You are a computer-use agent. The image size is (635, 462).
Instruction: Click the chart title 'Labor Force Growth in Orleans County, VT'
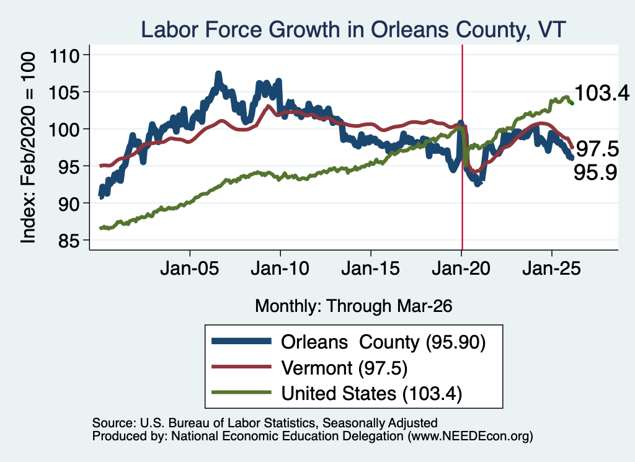(353, 30)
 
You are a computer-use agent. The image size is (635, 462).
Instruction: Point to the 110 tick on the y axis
(64, 55)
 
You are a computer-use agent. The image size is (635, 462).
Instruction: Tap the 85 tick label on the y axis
(69, 241)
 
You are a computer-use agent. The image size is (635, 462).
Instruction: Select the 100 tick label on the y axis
(64, 130)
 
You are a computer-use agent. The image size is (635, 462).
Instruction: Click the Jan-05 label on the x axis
(190, 269)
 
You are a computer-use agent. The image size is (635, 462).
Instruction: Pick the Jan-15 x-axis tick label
(371, 269)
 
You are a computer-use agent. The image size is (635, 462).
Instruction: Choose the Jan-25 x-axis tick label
(551, 269)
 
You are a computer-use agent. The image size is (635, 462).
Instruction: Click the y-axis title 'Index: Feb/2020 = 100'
(28, 148)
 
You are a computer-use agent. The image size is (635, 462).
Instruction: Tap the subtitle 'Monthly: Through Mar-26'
(353, 306)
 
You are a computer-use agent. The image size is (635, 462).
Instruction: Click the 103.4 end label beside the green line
(602, 93)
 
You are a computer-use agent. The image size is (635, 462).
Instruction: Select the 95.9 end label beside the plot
(595, 172)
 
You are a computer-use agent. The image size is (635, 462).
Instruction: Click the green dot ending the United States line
(572, 103)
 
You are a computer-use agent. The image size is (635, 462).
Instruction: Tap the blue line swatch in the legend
(241, 341)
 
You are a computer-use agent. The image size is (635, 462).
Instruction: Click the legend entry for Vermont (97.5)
(344, 368)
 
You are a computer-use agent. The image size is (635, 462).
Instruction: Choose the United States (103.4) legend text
(371, 394)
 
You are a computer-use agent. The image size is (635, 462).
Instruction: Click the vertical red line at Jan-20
(462, 148)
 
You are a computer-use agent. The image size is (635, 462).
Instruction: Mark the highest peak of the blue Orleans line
(219, 74)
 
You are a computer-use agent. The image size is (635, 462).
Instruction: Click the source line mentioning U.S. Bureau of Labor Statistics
(265, 423)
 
